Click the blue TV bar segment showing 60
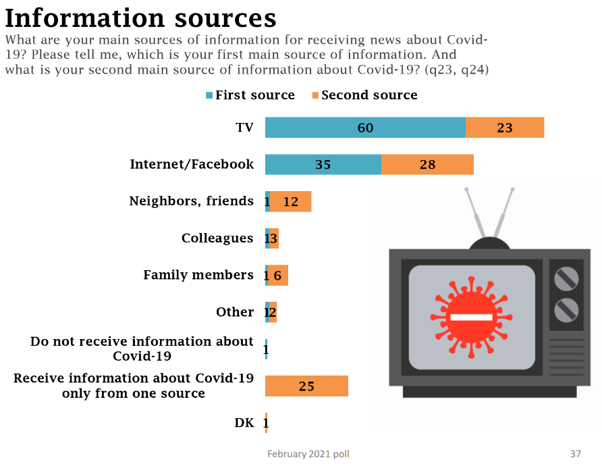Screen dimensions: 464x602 [x=365, y=127]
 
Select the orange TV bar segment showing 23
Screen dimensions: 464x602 [x=505, y=127]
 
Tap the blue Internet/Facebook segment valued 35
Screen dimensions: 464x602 [x=323, y=164]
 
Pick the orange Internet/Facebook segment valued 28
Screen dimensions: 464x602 [x=427, y=164]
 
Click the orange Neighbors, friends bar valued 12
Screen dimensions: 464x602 [x=291, y=201]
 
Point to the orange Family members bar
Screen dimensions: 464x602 [x=278, y=275]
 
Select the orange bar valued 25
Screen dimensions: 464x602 [x=307, y=386]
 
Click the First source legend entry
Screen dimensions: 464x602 [x=250, y=95]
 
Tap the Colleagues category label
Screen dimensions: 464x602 [x=217, y=238]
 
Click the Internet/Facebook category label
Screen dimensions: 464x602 [x=192, y=164]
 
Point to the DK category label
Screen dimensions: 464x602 [x=244, y=423]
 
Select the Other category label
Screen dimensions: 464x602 [x=235, y=312]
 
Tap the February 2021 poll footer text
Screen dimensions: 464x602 [x=308, y=454]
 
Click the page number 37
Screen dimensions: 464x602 [x=575, y=454]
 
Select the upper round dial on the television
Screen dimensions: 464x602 [x=566, y=278]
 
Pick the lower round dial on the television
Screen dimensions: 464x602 [x=566, y=310]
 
